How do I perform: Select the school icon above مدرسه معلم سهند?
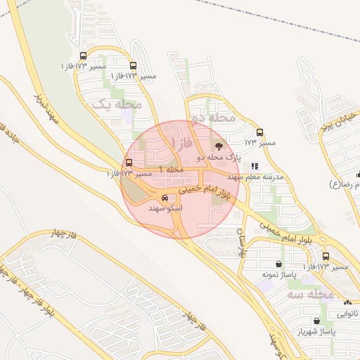coord(254,166)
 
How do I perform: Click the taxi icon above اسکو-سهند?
coord(165,198)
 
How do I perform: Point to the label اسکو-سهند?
coord(166,209)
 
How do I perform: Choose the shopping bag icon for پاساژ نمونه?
coord(280,264)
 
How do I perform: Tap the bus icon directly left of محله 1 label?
coord(128,162)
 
